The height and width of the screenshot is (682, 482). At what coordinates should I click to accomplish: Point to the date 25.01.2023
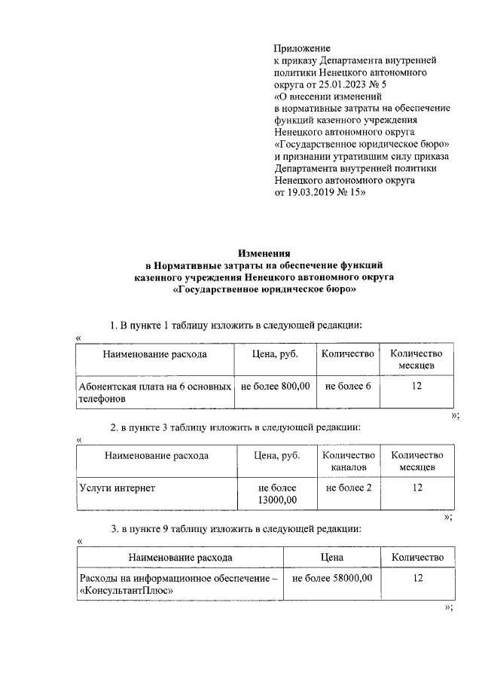pos(343,84)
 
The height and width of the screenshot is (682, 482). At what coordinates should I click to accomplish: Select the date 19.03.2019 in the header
pos(313,193)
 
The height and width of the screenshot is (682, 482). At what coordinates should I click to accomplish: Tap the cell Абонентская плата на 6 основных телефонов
pos(154,393)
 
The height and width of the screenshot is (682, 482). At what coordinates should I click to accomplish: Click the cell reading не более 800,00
pos(275,386)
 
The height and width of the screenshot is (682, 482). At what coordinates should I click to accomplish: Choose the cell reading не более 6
pos(348,386)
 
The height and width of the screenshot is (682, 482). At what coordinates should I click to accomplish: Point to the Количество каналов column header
pos(348,461)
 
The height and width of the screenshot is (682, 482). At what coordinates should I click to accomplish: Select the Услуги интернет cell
pos(117,488)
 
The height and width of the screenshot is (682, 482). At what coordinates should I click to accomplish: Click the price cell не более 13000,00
pos(277,494)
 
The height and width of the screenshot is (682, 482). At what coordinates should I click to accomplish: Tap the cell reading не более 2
pos(348,488)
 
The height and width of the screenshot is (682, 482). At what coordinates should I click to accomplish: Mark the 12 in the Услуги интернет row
pos(417,488)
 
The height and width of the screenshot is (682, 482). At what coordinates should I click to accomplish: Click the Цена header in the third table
pos(331,557)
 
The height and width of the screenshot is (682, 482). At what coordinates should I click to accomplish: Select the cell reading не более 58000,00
pos(331,578)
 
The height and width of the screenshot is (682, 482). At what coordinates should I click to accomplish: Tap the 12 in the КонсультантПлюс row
pos(417,578)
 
